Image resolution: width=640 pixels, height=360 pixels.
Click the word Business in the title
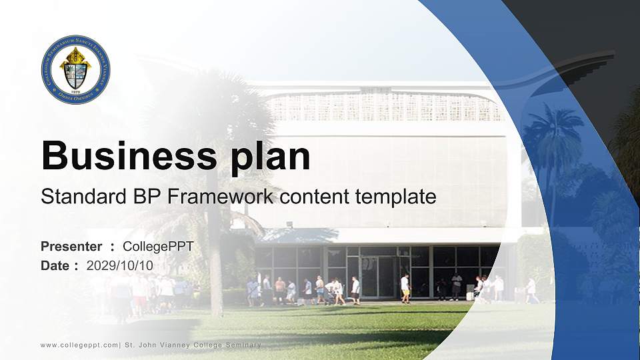pyautogui.click(x=123, y=157)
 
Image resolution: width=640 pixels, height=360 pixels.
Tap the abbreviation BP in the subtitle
pyautogui.click(x=149, y=197)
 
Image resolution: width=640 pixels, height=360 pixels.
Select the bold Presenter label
pyautogui.click(x=71, y=247)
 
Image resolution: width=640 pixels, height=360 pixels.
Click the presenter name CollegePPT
pyautogui.click(x=158, y=247)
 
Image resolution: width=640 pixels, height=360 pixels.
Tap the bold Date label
pyautogui.click(x=55, y=265)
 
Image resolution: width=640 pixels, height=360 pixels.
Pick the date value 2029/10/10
pyautogui.click(x=120, y=265)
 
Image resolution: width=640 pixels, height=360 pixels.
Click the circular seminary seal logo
pyautogui.click(x=75, y=69)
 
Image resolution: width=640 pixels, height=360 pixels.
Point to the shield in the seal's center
pyautogui.click(x=75, y=73)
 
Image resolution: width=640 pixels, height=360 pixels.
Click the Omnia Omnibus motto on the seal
pyautogui.click(x=75, y=95)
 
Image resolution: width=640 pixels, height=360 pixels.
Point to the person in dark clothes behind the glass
pyautogui.click(x=456, y=286)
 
